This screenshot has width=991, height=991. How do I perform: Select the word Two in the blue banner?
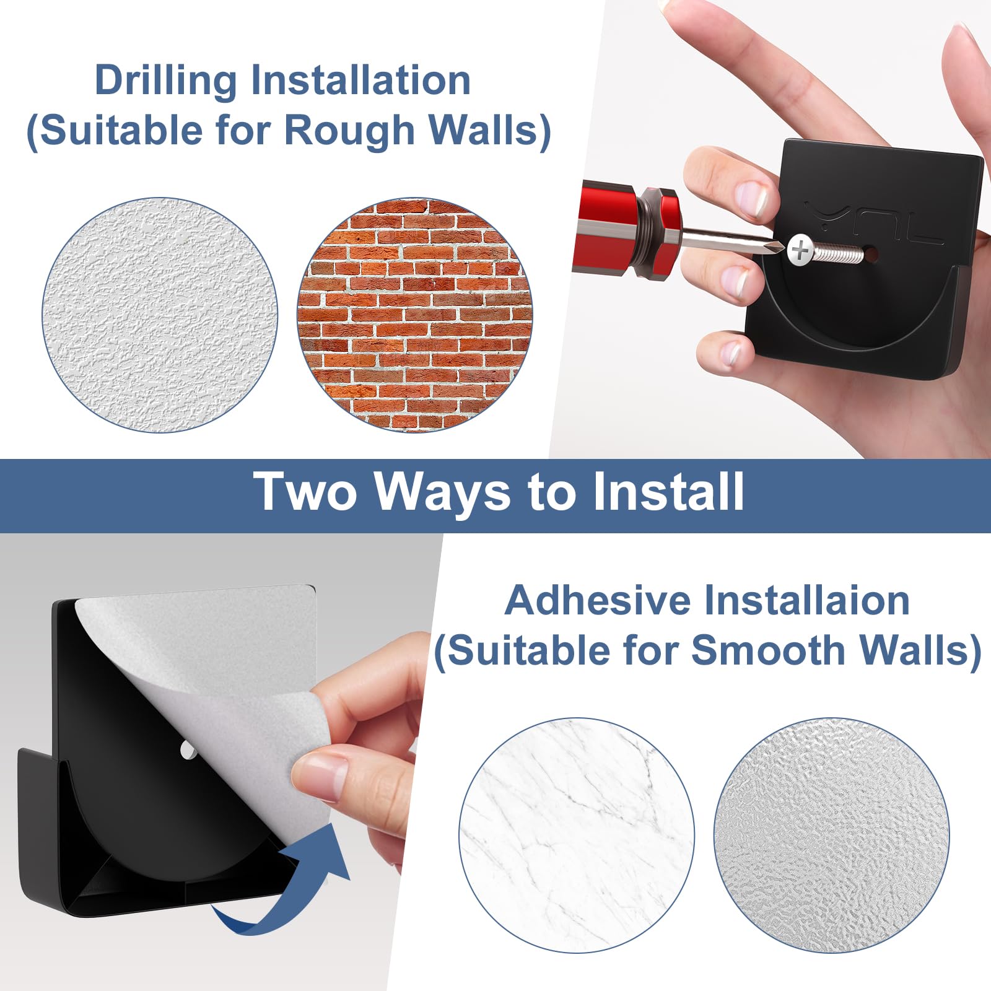[x=305, y=492]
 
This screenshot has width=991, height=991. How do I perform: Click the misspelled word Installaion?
[x=808, y=601]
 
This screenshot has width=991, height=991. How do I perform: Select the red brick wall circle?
[x=415, y=315]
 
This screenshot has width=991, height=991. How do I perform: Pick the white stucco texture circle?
[x=160, y=315]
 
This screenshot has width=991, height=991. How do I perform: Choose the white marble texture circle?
[x=577, y=836]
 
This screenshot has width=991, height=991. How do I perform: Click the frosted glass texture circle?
[x=832, y=836]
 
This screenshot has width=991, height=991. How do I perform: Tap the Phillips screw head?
[x=800, y=250]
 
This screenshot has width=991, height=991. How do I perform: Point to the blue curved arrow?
[x=291, y=892]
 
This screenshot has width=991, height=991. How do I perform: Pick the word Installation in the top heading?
[x=360, y=81]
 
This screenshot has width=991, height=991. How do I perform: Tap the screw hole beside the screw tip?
[x=870, y=255]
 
